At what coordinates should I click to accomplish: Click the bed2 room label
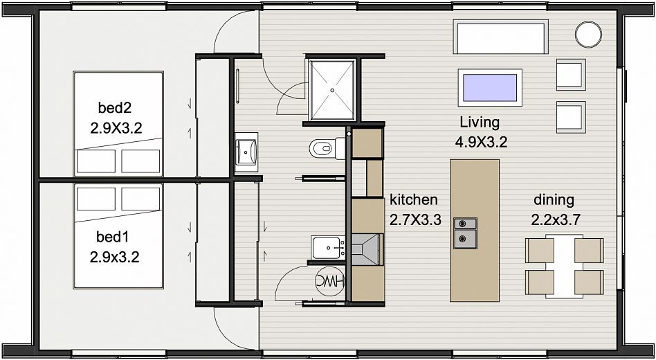click(115, 108)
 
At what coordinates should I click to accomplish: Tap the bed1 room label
click(112, 237)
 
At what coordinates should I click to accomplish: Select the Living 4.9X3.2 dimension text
click(481, 143)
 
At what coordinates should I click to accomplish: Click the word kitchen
click(414, 199)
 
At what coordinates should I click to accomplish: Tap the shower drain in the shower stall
click(332, 90)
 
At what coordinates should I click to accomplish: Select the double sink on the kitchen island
click(466, 233)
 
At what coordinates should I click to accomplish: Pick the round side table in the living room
click(588, 35)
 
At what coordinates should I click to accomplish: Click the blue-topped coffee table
click(490, 87)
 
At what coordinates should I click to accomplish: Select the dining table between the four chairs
click(565, 267)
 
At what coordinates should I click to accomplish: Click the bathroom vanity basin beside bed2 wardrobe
click(246, 152)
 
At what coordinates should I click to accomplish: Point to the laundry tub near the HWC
click(328, 247)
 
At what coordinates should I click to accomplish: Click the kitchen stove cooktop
click(367, 249)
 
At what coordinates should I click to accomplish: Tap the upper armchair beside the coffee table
click(571, 75)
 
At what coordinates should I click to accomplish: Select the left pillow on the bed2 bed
click(95, 161)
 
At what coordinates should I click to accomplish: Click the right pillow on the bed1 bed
click(140, 199)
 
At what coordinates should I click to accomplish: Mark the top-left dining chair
click(540, 251)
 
